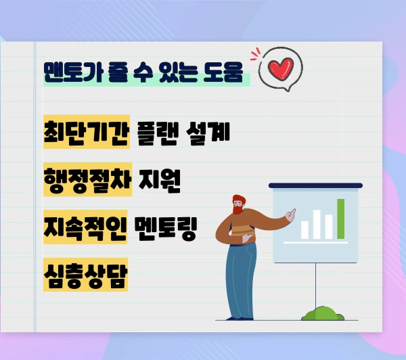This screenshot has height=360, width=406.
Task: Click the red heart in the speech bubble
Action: click(279, 69)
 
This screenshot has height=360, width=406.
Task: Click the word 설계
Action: click(210, 133)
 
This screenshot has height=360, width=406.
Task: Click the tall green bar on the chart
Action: click(341, 219)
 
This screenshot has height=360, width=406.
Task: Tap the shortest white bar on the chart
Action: click(304, 230)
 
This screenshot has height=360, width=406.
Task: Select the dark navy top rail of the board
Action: click(316, 185)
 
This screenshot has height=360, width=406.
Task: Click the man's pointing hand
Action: click(290, 214)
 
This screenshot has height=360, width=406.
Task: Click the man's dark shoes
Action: click(241, 317)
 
